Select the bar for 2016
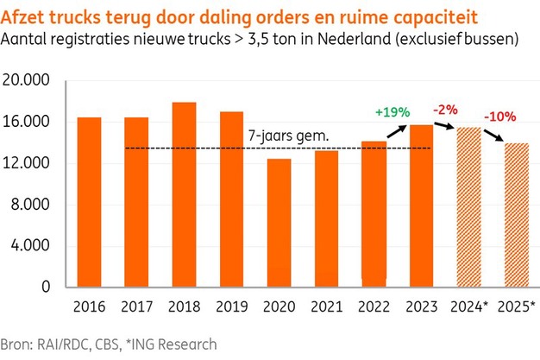tap(90, 202)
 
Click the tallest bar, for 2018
tap(184, 195)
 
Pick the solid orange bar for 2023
tap(420, 206)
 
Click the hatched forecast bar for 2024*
tap(468, 207)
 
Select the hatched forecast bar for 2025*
tap(515, 215)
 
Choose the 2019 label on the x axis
tap(231, 306)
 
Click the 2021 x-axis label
tap(326, 306)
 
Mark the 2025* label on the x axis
tap(517, 306)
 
